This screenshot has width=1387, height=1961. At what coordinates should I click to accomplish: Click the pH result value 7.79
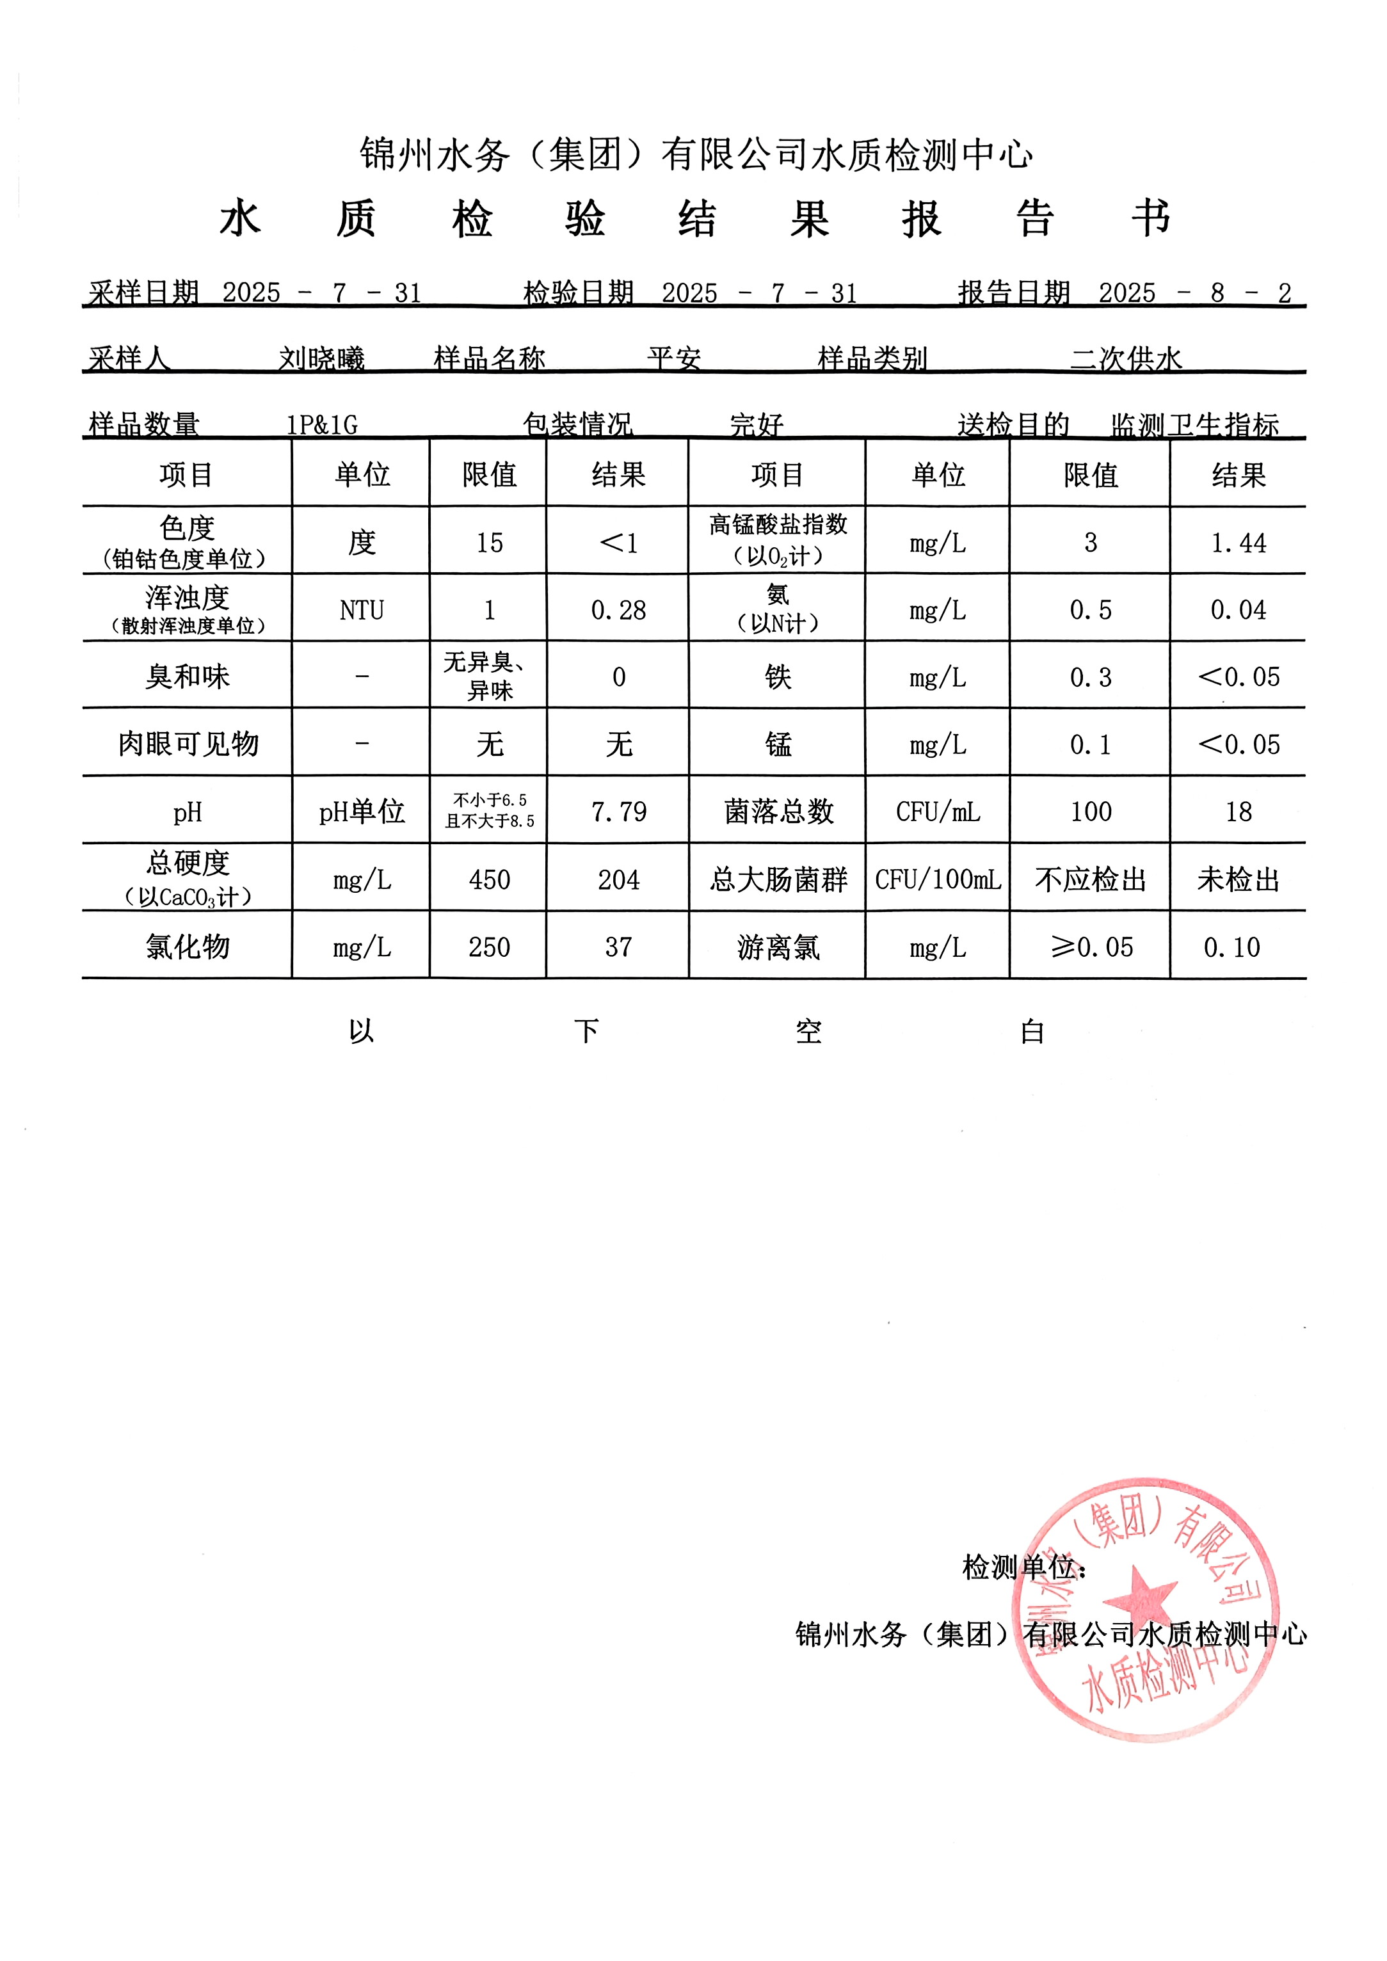[618, 812]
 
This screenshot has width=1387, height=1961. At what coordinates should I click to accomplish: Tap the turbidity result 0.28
[618, 610]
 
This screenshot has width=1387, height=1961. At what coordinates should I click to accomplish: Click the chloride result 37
[618, 947]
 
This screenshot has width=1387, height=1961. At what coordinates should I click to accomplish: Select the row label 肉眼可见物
[188, 744]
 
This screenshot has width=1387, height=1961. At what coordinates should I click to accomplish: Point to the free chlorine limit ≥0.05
[1091, 947]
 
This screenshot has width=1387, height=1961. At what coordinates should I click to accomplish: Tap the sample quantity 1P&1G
[322, 424]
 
